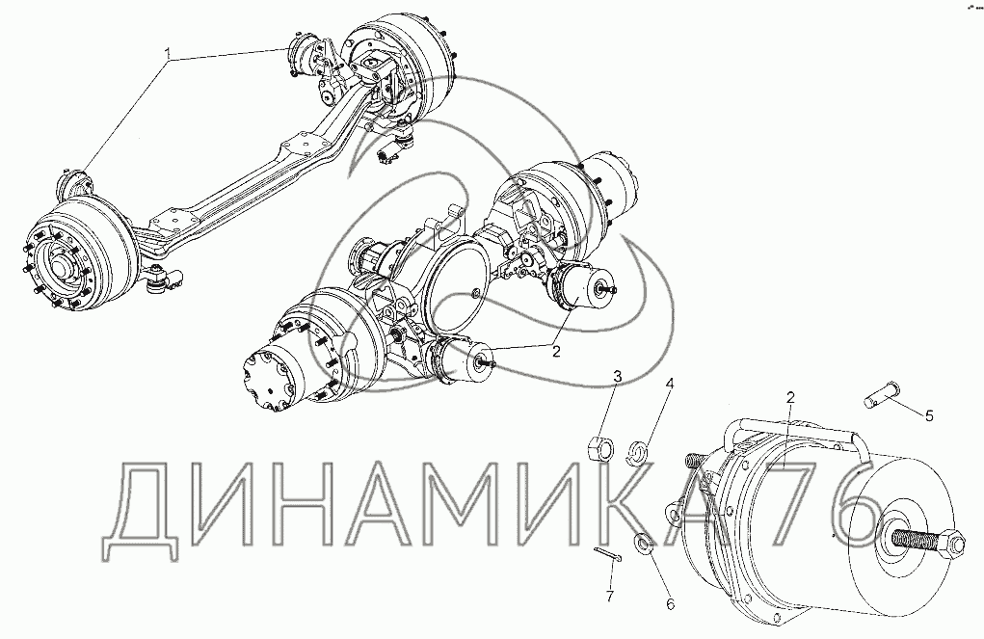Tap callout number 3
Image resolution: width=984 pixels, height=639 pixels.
618,377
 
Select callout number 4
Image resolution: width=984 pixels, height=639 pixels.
670,383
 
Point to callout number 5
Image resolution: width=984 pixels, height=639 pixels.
929,415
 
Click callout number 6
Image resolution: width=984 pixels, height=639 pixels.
670,604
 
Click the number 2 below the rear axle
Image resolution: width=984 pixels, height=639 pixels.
556,352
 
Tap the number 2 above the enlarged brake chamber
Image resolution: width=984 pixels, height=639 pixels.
790,397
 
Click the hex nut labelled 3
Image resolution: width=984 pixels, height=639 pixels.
598,448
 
